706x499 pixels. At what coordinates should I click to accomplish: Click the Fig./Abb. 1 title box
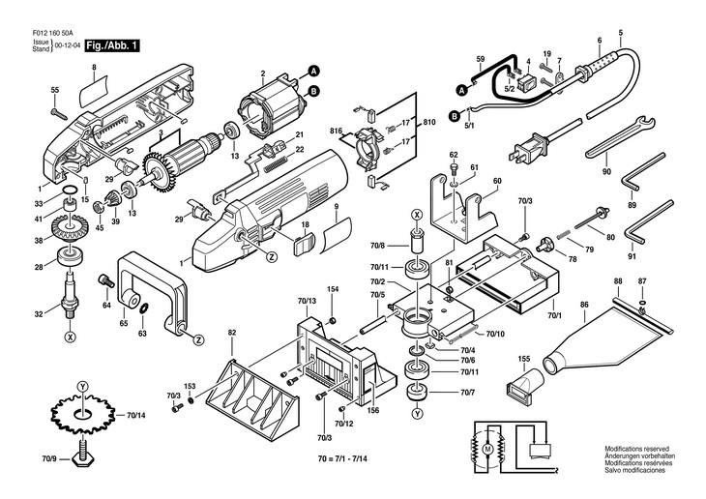(113, 45)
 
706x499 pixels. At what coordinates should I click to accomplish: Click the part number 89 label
(632, 205)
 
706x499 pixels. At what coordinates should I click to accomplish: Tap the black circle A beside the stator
(313, 69)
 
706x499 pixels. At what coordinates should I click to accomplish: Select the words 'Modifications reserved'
(636, 450)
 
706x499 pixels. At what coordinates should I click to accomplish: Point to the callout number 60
(497, 181)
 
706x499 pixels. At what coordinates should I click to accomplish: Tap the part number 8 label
(94, 67)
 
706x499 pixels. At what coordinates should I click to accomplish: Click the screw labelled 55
(60, 112)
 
